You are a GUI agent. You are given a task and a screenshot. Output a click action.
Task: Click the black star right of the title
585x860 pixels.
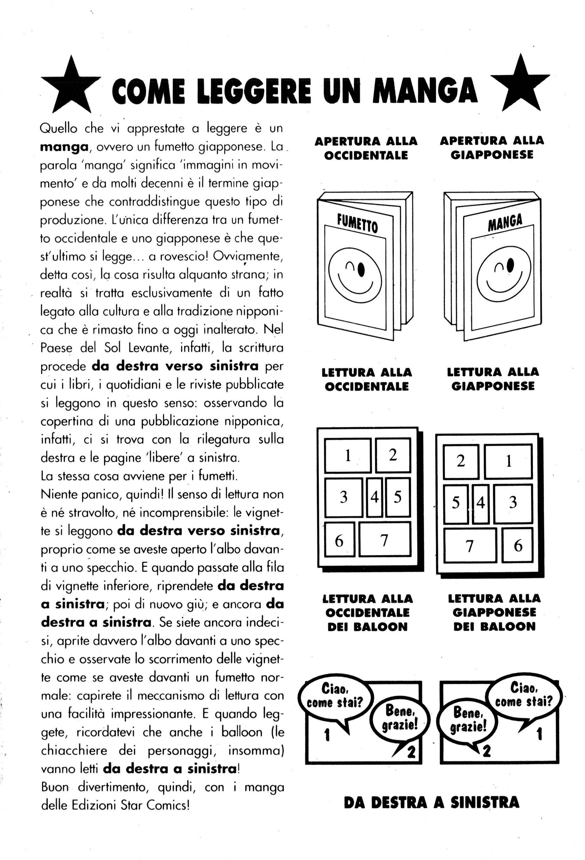(x=520, y=85)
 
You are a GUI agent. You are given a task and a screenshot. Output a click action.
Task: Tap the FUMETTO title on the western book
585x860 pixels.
(x=357, y=224)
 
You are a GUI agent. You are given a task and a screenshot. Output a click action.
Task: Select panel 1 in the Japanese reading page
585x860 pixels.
(x=508, y=461)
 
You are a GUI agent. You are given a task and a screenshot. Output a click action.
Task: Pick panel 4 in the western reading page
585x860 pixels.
(x=375, y=497)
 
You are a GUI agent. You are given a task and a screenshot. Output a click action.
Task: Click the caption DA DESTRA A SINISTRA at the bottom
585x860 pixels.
(x=431, y=802)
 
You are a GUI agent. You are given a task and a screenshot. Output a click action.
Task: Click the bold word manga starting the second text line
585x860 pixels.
(x=64, y=147)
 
